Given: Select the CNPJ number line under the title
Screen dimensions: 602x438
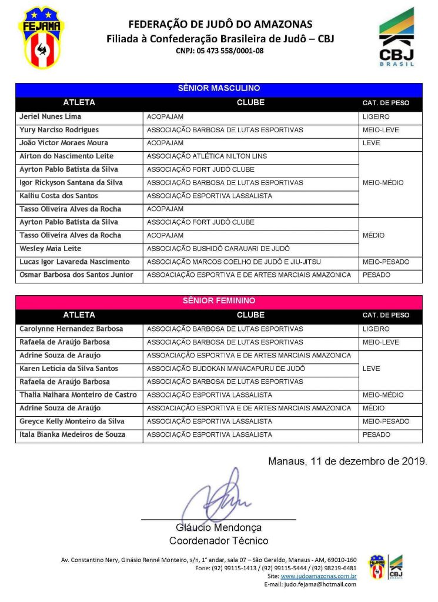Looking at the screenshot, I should (x=219, y=51).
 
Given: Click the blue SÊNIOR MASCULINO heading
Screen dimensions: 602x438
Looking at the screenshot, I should (x=219, y=89).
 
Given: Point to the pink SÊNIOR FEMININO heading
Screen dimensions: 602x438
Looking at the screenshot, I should (x=219, y=301).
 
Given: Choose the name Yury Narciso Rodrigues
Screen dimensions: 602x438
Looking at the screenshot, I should (x=59, y=130).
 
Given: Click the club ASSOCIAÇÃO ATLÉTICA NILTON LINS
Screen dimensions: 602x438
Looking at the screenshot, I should (x=206, y=156).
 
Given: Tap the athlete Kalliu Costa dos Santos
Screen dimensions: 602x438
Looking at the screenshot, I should (x=59, y=196).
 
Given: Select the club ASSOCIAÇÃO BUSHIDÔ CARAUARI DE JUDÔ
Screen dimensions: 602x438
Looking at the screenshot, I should (x=218, y=249).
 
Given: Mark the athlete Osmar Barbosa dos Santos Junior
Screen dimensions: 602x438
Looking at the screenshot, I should (x=76, y=275).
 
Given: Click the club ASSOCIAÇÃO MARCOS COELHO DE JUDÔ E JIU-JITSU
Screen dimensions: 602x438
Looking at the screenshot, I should (x=233, y=262).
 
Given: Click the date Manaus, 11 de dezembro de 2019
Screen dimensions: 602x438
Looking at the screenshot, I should (x=347, y=461).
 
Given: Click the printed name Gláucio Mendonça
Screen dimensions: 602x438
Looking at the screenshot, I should (x=219, y=528).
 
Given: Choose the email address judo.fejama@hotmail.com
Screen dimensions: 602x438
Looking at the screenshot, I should (x=319, y=584).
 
